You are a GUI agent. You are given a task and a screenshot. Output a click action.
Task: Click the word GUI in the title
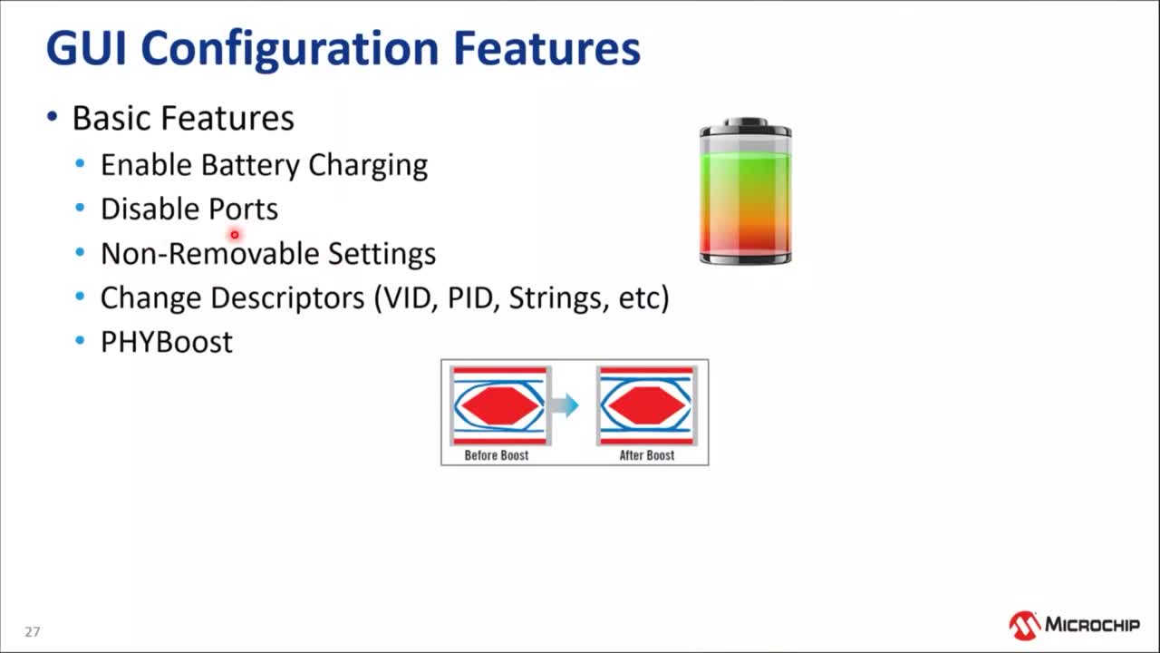tap(86, 48)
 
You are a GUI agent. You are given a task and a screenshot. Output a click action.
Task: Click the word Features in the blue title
tap(546, 48)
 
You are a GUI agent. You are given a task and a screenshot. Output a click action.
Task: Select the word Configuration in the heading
tap(290, 50)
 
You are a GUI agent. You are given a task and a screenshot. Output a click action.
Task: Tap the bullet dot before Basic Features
tap(53, 117)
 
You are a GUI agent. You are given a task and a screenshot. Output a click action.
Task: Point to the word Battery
tap(251, 166)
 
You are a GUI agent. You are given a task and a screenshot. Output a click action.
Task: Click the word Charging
tap(368, 166)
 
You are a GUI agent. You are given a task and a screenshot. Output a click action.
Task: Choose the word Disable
tap(150, 209)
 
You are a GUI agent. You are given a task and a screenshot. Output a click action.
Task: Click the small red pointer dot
tap(235, 235)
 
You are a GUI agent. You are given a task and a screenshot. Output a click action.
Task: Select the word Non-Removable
tap(209, 253)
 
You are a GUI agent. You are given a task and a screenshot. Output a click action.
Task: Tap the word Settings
tap(382, 255)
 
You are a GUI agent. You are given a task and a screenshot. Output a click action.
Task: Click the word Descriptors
tap(287, 299)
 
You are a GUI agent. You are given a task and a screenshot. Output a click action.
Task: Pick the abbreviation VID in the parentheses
tap(407, 298)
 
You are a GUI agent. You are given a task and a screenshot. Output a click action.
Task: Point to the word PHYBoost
tap(167, 342)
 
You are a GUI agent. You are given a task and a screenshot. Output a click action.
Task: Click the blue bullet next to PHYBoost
tap(80, 340)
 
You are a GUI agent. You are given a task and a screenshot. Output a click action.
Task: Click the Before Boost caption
tap(496, 455)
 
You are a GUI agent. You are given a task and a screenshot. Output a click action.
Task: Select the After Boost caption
tap(647, 455)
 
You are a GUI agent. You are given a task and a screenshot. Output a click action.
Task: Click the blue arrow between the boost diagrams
tap(565, 405)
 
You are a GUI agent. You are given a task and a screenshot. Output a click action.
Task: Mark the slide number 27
tap(32, 632)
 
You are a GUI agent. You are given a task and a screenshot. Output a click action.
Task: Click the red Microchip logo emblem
tap(1024, 626)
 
